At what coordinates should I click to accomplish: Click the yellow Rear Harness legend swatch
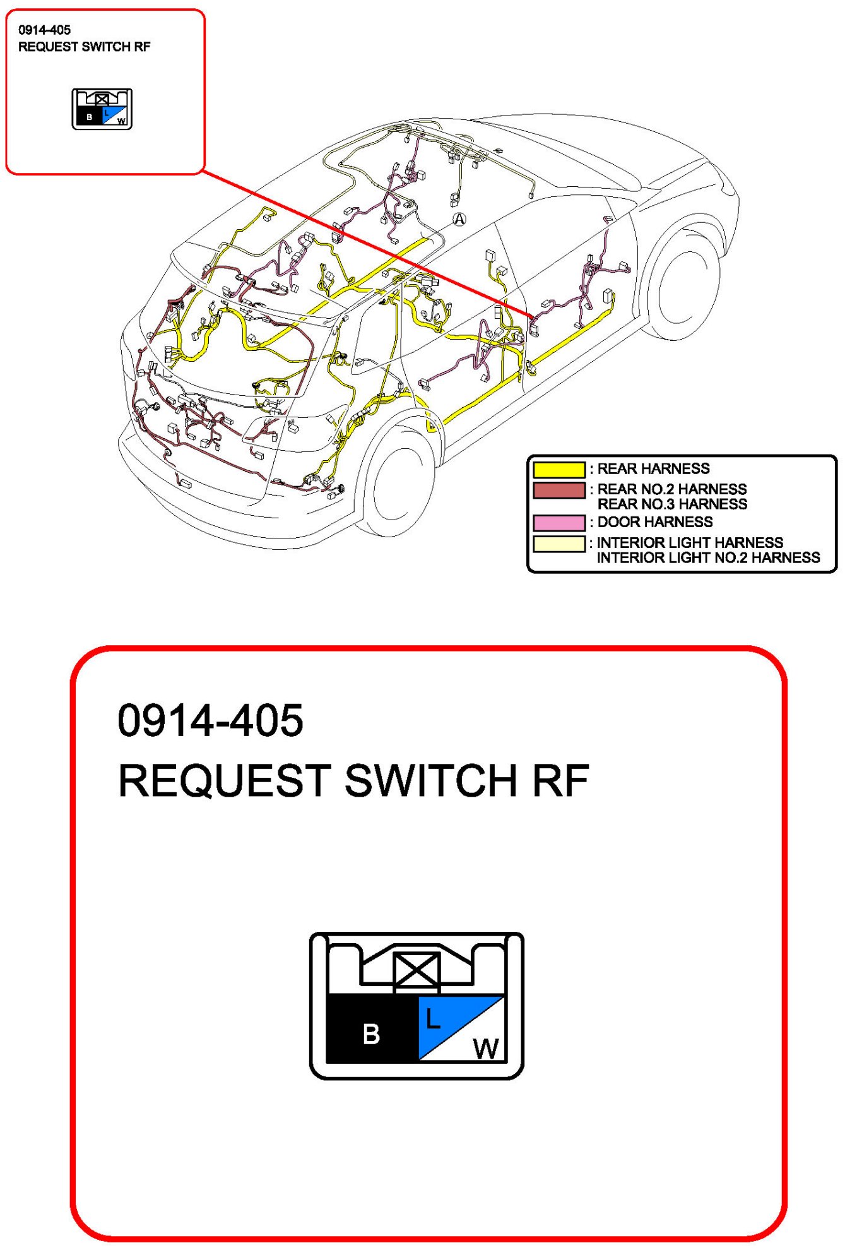click(x=559, y=470)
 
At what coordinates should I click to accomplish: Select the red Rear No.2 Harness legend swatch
click(x=559, y=491)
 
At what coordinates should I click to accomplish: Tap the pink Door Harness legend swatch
click(x=559, y=523)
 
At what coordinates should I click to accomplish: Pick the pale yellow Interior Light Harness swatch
click(x=559, y=544)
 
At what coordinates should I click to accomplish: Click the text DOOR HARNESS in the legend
click(x=655, y=522)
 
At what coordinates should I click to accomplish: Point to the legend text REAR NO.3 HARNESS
click(x=672, y=504)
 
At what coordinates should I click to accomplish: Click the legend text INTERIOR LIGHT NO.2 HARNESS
click(x=708, y=558)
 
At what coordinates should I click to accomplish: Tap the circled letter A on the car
click(x=459, y=219)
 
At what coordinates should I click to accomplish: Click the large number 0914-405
click(x=210, y=720)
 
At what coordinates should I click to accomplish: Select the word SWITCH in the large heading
click(x=430, y=780)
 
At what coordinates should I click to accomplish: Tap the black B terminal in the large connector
click(x=372, y=1028)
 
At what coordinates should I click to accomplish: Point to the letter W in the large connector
click(x=486, y=1049)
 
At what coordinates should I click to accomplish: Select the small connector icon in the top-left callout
click(x=102, y=109)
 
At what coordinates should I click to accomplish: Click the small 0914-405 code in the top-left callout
click(x=44, y=30)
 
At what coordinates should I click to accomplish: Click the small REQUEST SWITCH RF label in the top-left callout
click(x=85, y=47)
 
